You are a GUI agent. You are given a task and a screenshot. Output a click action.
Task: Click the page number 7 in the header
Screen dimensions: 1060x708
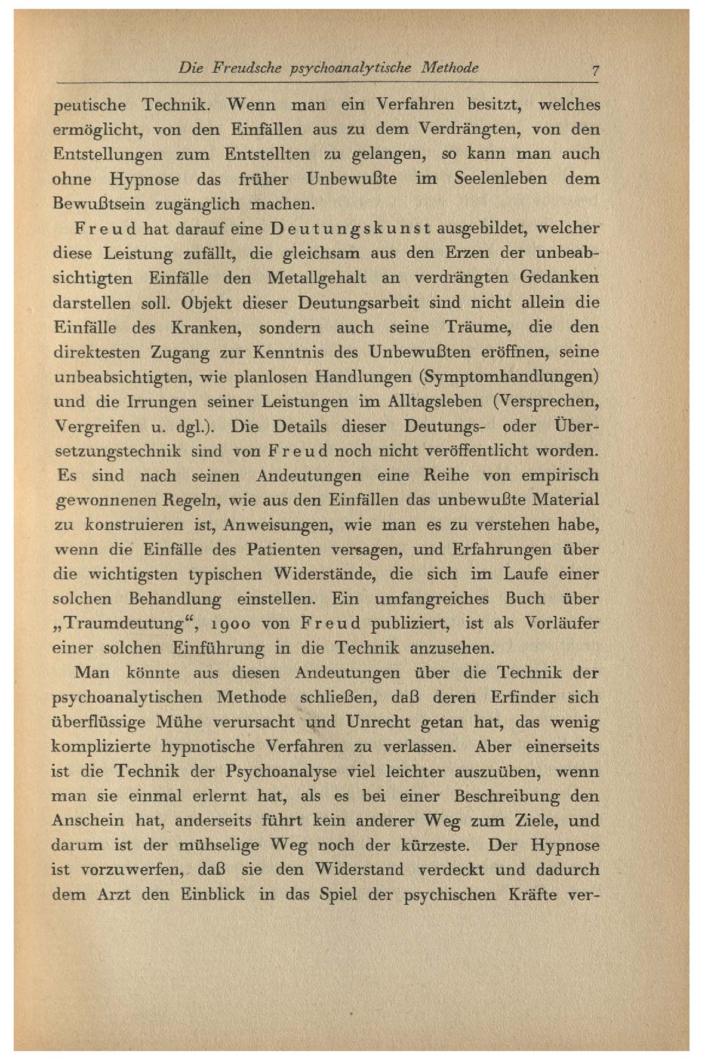click(595, 69)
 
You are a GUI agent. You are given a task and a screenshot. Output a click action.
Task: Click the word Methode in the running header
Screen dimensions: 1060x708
click(458, 68)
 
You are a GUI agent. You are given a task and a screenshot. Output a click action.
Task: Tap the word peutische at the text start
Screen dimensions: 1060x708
click(90, 106)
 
